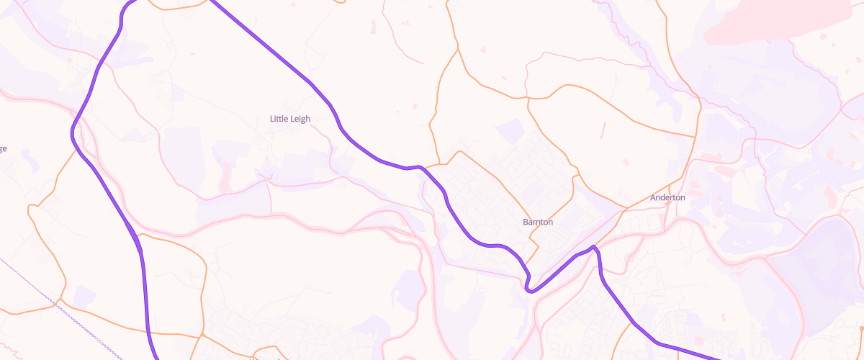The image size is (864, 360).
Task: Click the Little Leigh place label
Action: pos(289,119)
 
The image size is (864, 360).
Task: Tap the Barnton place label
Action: pos(538,222)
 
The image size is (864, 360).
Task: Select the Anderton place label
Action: pos(667,197)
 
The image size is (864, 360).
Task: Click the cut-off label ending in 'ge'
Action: pos(3,149)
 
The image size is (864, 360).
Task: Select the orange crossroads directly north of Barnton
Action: pos(528,97)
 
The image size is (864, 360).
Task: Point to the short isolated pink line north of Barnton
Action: pos(603,130)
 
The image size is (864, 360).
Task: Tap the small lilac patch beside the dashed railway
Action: pos(84,296)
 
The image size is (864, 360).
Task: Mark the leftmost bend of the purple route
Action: pos(72,133)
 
